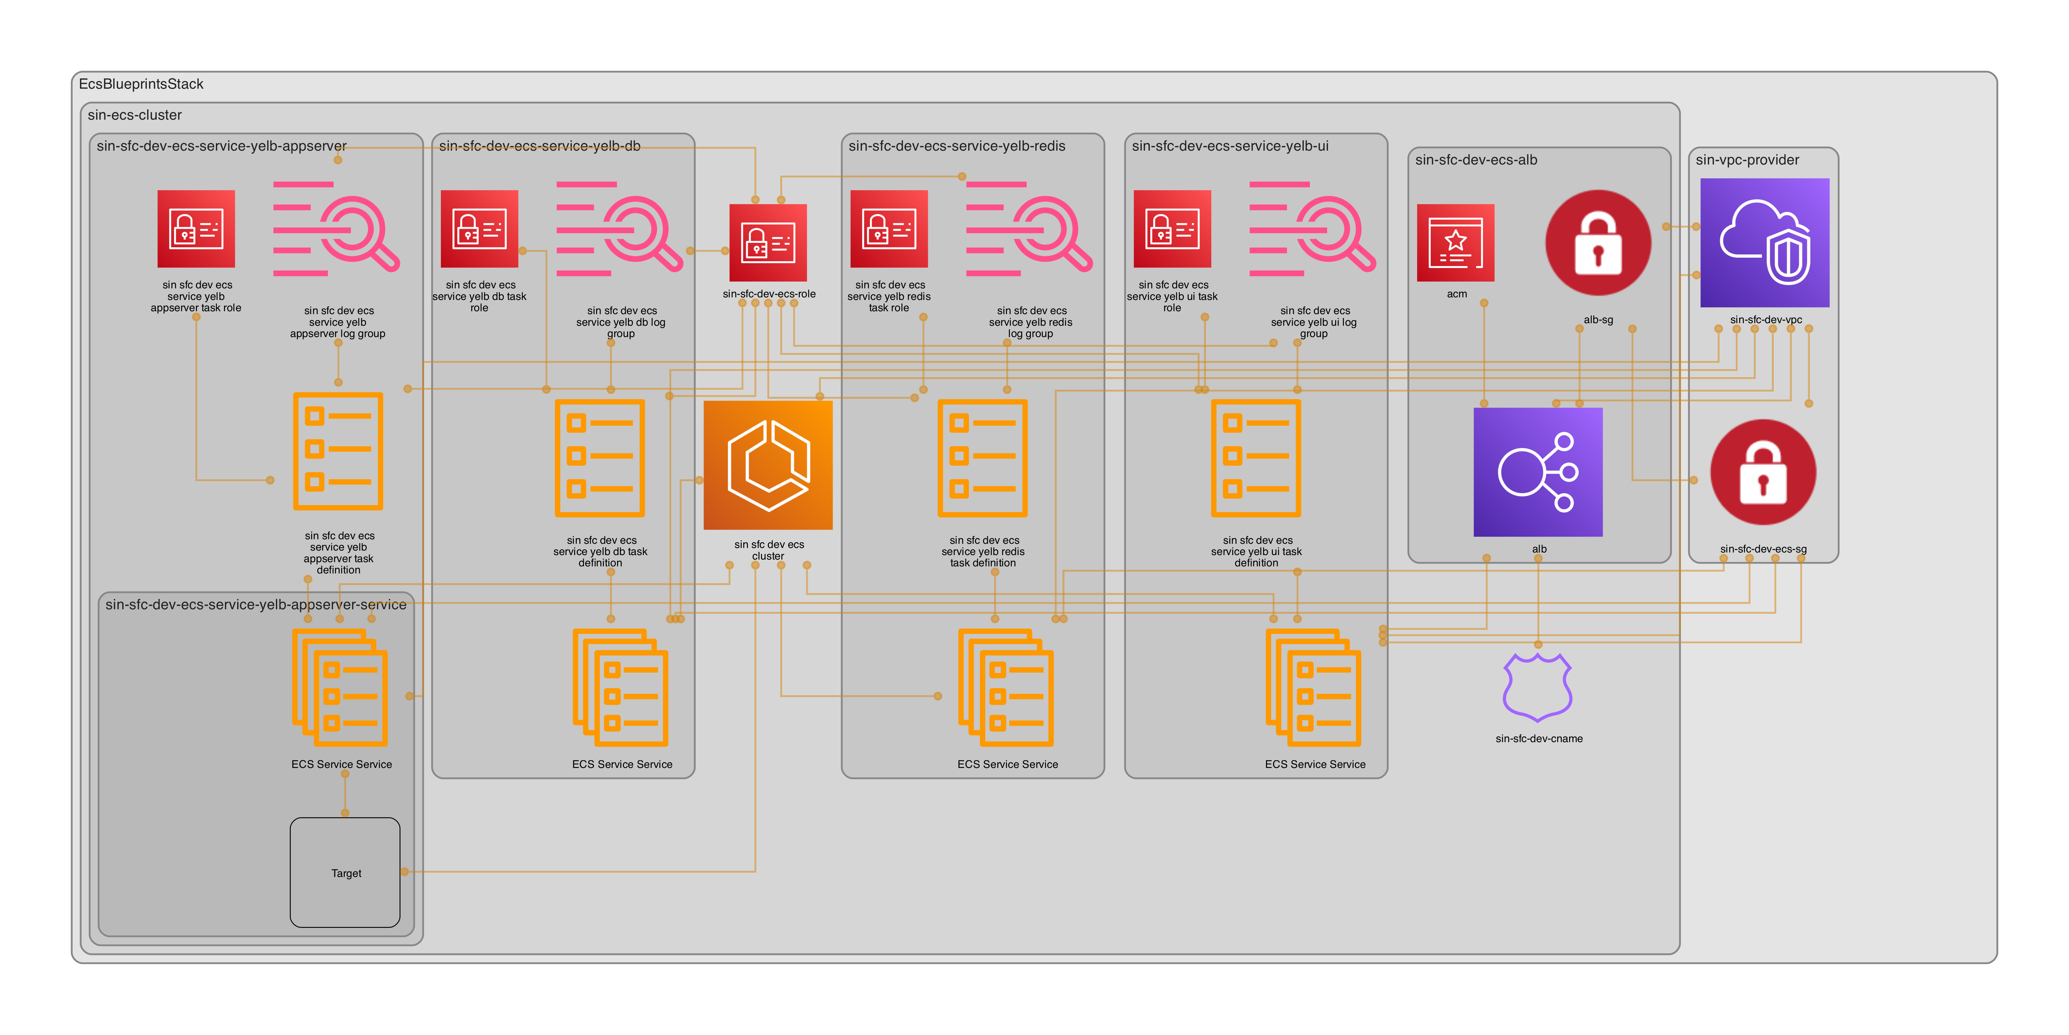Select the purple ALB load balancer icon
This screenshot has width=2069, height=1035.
click(x=1537, y=472)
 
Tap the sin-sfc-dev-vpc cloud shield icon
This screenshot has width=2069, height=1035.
click(x=1765, y=243)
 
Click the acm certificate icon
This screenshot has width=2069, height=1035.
click(x=1455, y=243)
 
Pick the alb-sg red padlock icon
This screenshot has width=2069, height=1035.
click(x=1597, y=243)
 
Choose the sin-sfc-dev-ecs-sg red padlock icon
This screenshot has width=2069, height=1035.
click(x=1763, y=472)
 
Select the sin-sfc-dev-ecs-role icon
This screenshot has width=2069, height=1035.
click(x=768, y=243)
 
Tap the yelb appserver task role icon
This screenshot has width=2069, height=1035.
click(x=196, y=229)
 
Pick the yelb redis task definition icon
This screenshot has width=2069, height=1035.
click(x=982, y=458)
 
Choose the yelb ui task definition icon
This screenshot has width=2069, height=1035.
click(x=1255, y=458)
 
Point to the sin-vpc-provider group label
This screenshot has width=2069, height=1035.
click(x=1747, y=160)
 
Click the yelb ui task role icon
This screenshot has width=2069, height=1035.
click(x=1172, y=229)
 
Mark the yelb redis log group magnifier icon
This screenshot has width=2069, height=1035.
click(x=1029, y=229)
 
